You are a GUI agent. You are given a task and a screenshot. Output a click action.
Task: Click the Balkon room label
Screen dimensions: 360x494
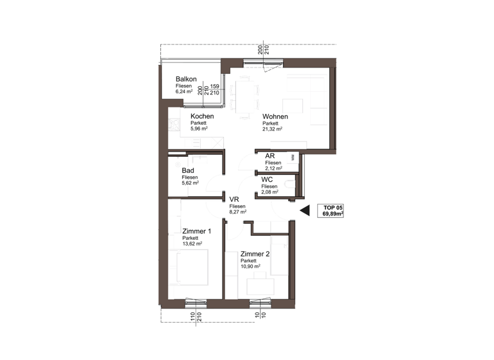tap(186, 80)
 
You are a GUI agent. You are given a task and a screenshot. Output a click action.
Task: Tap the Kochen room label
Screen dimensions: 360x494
tap(201, 116)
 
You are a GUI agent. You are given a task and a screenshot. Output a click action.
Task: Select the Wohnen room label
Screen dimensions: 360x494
tap(275, 116)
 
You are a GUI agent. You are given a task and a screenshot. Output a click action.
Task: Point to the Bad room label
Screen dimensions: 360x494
tap(188, 170)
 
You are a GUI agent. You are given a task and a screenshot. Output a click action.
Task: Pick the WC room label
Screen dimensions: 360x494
tap(268, 179)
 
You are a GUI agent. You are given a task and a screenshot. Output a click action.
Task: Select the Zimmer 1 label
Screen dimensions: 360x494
tap(196, 231)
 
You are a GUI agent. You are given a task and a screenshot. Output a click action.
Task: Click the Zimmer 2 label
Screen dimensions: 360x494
tap(255, 254)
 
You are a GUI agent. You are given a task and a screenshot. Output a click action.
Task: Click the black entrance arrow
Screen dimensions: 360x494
tap(305, 210)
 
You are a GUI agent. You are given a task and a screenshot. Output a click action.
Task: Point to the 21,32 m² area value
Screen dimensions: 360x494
tap(273, 129)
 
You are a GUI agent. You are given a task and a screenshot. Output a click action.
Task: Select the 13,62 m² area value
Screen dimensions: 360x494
tap(192, 244)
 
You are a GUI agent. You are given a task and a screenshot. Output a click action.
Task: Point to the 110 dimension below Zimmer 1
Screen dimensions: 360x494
tap(192, 316)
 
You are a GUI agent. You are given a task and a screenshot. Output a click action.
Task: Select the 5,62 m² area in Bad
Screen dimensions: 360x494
tap(190, 183)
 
